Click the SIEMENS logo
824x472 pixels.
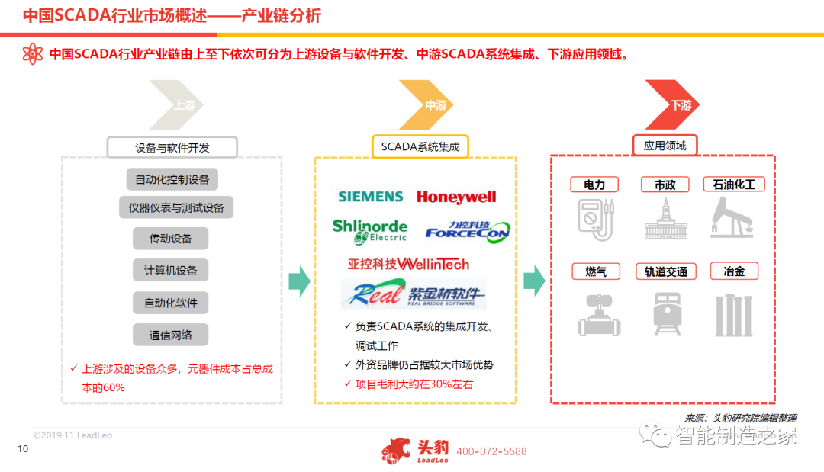click(370, 197)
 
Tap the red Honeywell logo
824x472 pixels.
click(456, 197)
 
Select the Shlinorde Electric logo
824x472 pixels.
click(370, 230)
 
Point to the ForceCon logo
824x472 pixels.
click(467, 230)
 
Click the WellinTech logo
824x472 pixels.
click(408, 264)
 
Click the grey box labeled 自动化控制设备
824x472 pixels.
click(172, 180)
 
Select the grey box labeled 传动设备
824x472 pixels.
click(170, 239)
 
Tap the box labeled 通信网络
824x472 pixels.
click(170, 335)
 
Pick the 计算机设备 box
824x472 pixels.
click(170, 271)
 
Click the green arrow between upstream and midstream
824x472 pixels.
click(299, 281)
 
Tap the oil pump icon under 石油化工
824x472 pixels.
click(732, 217)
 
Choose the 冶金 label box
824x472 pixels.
click(734, 271)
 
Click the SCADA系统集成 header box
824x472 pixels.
click(420, 146)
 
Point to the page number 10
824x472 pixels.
click(23, 449)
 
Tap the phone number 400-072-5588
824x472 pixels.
click(491, 451)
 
